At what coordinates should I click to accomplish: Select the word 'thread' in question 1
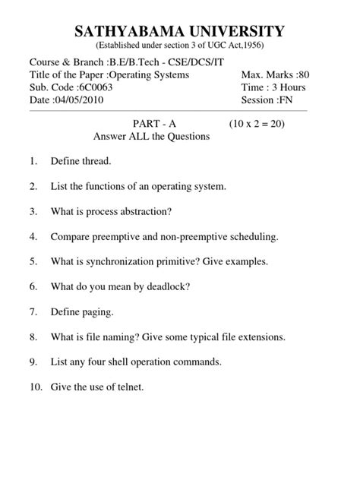pos(96,161)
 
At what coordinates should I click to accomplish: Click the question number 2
pos(33,186)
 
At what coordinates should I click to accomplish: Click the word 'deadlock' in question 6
pos(168,286)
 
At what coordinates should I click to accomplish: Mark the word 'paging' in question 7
pos(97,311)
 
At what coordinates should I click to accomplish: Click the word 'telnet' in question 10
pos(127,387)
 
